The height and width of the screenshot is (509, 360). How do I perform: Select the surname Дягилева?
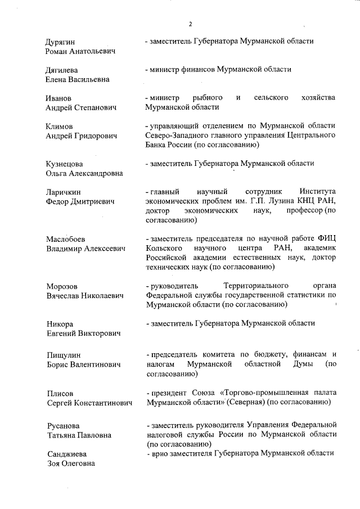(62, 70)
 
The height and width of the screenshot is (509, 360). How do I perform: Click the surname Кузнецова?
(64, 164)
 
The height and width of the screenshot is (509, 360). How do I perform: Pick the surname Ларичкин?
(64, 192)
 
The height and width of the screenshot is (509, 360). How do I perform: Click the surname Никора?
(59, 324)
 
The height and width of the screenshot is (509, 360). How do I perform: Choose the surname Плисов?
(59, 393)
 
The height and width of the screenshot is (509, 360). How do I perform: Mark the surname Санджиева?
(64, 454)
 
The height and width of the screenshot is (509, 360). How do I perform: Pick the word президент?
(168, 393)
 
